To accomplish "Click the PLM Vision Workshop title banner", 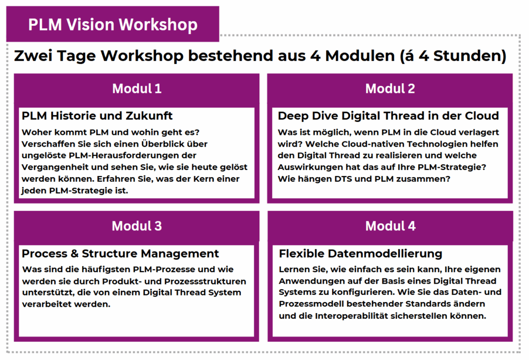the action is coord(113,24).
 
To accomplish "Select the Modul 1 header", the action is coord(136,89).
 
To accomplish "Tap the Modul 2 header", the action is coord(390,89).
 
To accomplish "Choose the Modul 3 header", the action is coord(136,226).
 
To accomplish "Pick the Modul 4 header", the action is coord(391,226).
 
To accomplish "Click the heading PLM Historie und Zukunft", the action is coord(97,116).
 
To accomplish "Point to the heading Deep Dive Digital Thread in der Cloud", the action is coord(388,116).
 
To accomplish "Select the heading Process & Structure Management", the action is coord(120,254).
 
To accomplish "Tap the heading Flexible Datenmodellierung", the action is coord(361,254).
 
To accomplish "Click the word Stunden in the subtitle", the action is coord(470,56).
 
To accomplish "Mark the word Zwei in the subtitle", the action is coord(33,56).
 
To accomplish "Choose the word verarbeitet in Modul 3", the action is coord(46,304).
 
